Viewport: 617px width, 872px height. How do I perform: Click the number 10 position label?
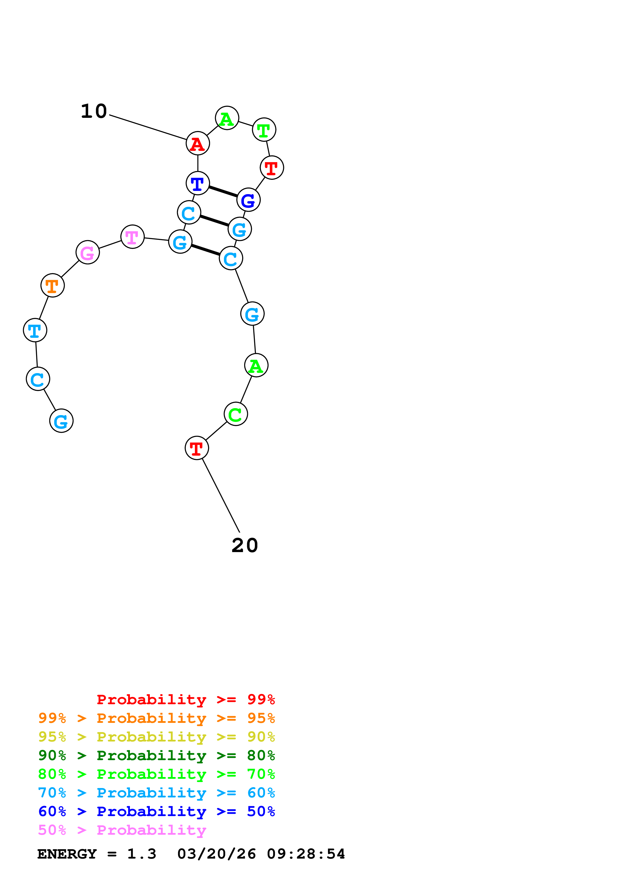coord(94,111)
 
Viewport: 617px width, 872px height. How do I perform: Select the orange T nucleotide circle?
coord(53,285)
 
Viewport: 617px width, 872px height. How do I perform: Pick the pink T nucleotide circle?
coord(132,237)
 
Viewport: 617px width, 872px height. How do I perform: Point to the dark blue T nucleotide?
coord(198,183)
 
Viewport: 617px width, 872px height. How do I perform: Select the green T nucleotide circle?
coord(264,130)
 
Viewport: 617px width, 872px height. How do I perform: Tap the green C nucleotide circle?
coord(236,414)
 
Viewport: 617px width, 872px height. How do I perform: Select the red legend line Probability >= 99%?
coord(185,699)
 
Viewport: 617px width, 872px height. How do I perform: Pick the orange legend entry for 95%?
coord(156,718)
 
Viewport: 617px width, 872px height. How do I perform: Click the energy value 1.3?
coord(141,854)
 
